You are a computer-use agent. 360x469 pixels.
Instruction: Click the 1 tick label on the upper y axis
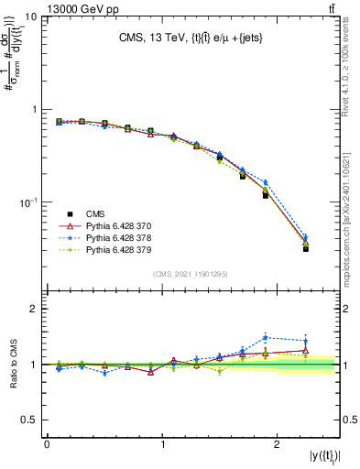[x=35, y=110]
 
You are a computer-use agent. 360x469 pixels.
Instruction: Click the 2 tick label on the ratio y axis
[x=35, y=309]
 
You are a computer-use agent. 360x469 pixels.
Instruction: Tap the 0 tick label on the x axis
[x=47, y=443]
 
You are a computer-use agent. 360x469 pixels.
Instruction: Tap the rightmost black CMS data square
[x=306, y=248]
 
